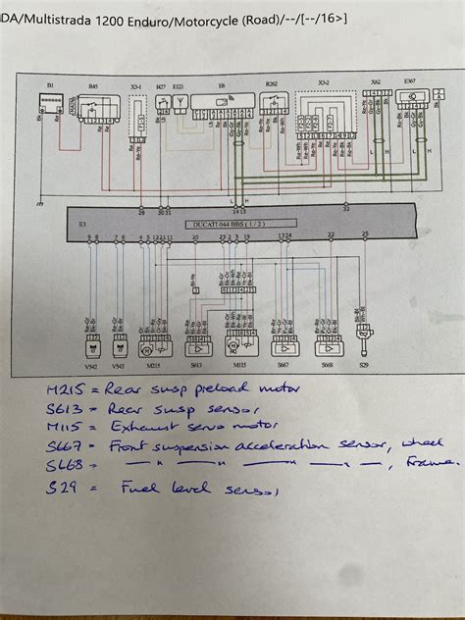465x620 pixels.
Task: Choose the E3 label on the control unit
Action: (82, 225)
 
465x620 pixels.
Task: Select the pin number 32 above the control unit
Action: (345, 209)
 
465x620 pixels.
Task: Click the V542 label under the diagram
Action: (91, 365)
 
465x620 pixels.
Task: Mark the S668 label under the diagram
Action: (327, 365)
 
